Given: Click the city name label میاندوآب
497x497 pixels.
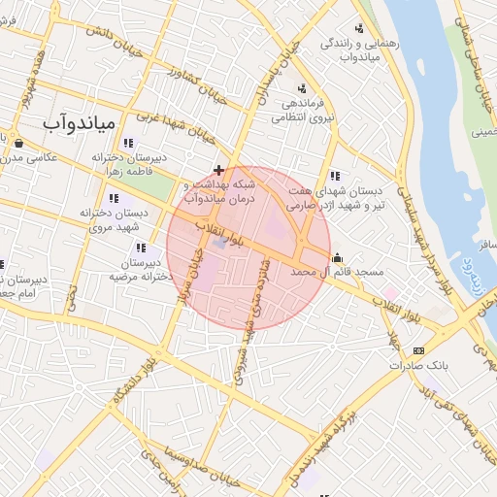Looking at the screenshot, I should [81, 124].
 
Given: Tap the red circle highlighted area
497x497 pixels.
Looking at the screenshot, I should [248, 248].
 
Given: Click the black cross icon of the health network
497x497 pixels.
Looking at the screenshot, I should [219, 170].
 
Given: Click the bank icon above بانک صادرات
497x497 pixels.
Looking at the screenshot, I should [418, 350].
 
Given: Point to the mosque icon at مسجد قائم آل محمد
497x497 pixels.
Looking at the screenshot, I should [337, 257].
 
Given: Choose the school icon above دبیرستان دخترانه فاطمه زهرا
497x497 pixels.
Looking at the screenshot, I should [129, 144].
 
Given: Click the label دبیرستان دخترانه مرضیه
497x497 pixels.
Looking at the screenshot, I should [140, 269].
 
